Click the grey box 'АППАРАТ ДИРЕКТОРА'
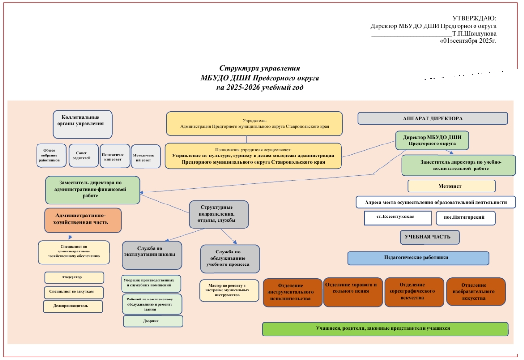[x=433, y=118]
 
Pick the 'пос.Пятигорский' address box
[x=465, y=218]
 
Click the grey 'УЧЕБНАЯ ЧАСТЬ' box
[x=429, y=237]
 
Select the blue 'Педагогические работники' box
[x=418, y=258]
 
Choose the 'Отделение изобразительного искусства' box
[x=475, y=291]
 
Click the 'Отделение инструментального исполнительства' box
[x=292, y=292]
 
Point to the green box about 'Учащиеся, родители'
[x=385, y=329]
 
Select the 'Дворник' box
[x=153, y=321]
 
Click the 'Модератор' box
[x=74, y=277]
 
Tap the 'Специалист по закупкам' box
[x=74, y=291]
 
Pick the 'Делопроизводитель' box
[x=73, y=306]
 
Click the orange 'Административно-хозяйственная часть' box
[x=83, y=219]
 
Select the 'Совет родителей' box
[x=84, y=156]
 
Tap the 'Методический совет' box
[x=146, y=156]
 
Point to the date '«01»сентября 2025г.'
[x=468, y=41]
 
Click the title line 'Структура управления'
[x=260, y=68]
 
